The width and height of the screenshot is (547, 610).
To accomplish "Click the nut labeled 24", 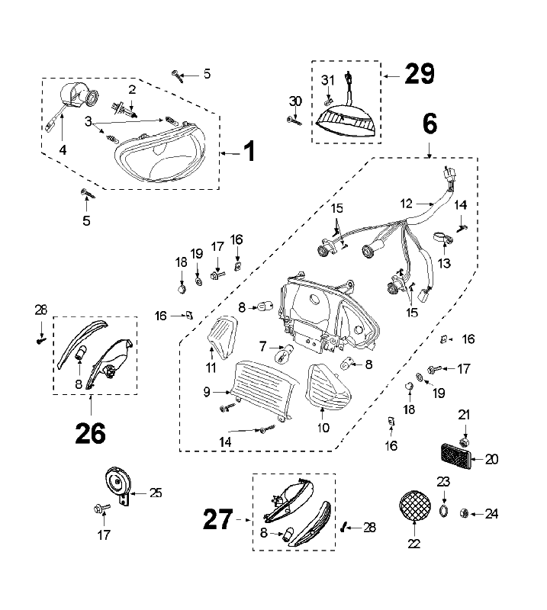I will pos(464,515).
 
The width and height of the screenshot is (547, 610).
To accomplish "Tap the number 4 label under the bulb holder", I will pos(63,150).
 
